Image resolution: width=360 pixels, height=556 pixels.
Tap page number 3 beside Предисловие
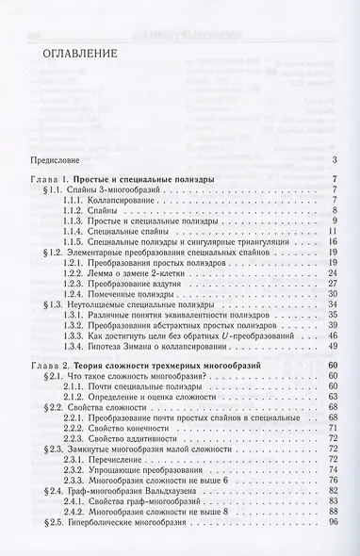pos(335,158)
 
